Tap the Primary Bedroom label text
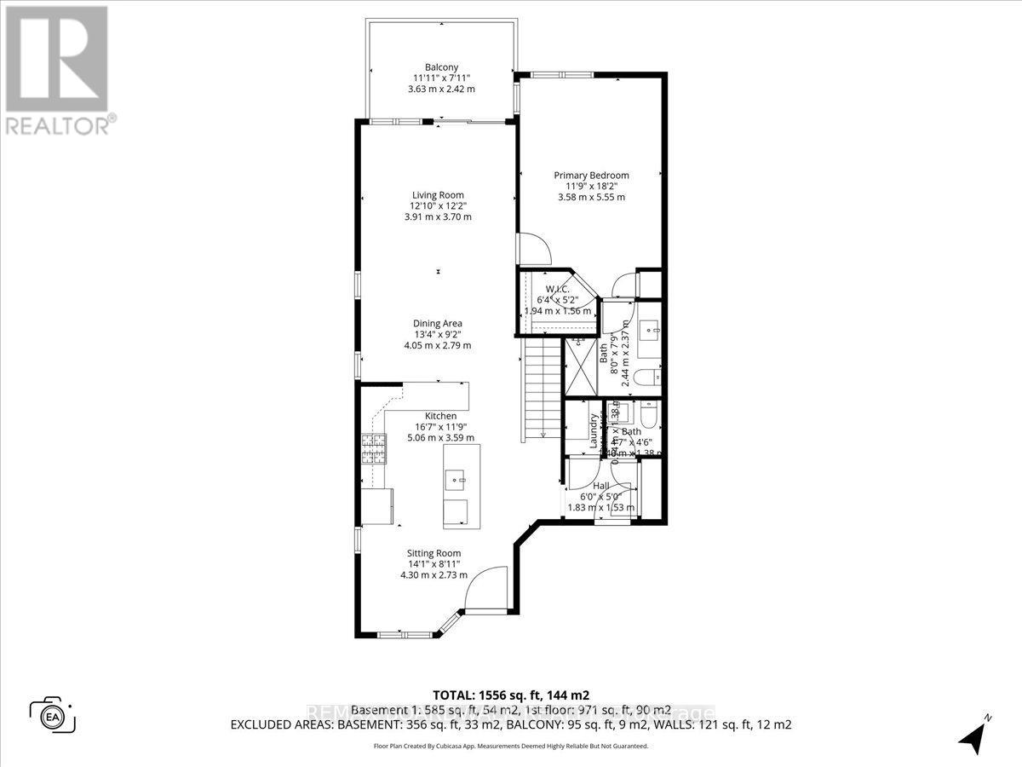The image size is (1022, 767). point(591,175)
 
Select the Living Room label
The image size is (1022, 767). point(438,195)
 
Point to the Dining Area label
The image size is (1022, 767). point(438,323)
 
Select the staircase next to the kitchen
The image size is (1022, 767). point(542,388)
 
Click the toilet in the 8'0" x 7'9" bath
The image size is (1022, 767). point(650,376)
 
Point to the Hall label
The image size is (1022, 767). point(601,485)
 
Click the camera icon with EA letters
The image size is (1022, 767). point(53,714)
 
